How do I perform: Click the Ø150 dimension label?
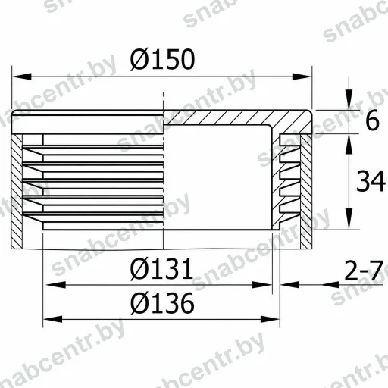162,59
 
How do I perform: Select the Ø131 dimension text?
161,269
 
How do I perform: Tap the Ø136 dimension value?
162,303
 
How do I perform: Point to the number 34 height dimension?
371,181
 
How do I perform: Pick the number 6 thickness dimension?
372,120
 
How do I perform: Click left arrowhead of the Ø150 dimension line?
22,77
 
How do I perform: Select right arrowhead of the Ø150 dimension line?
302,77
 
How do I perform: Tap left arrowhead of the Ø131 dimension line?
56,285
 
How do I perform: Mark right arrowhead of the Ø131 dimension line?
262,285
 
